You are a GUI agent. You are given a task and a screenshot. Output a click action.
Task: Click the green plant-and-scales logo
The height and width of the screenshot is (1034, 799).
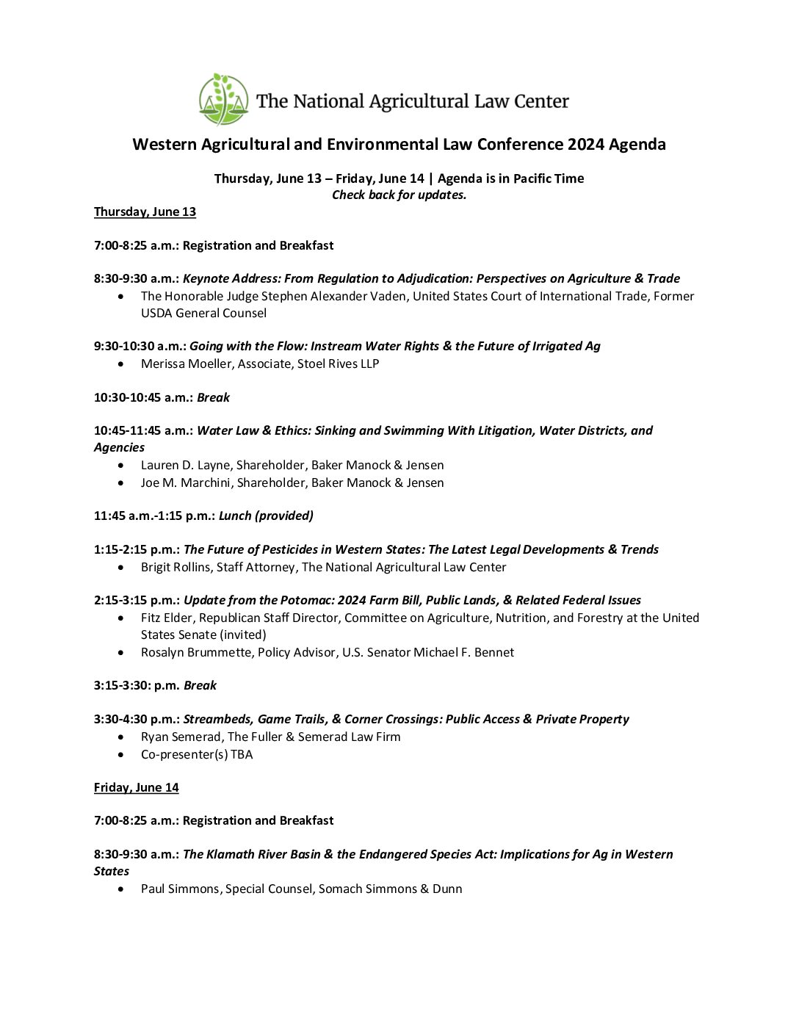click(223, 99)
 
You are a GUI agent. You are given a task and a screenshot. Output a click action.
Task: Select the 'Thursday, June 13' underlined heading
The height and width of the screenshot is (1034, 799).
click(145, 211)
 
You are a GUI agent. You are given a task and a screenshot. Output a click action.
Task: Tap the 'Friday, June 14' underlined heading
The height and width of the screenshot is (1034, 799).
click(136, 787)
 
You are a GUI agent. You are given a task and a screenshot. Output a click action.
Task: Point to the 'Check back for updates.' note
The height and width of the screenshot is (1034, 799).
click(399, 195)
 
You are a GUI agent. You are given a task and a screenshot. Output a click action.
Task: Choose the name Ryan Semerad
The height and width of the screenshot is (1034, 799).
click(181, 737)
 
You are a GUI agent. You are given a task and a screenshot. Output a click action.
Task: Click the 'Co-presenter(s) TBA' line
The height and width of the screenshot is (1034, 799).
click(197, 754)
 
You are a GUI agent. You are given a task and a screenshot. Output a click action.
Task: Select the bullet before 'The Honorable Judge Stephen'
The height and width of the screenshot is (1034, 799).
click(121, 296)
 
